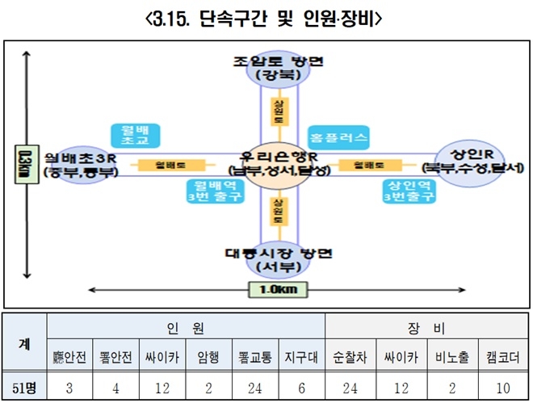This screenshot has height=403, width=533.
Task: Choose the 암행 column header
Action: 208,356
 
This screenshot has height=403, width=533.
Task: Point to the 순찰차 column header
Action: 349,356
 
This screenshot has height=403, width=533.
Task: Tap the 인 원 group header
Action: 186,327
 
